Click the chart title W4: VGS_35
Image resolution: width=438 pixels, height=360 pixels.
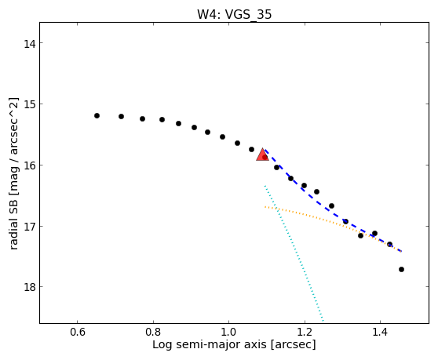tap(234, 15)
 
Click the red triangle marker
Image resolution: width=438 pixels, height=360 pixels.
tap(262, 155)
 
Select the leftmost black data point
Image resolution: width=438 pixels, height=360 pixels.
tap(97, 115)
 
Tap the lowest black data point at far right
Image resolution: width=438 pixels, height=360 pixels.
tap(401, 269)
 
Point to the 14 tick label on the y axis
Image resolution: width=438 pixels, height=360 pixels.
tap(29, 44)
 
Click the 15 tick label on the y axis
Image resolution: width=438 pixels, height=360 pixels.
tap(29, 104)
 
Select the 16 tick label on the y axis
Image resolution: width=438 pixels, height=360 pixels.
tap(29, 165)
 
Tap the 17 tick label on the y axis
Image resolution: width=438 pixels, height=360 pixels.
tap(29, 227)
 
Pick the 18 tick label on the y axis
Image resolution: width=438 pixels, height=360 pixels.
tap(29, 287)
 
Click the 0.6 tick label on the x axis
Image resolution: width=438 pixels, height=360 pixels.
tap(78, 333)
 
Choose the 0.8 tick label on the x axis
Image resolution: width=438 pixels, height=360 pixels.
tap(153, 333)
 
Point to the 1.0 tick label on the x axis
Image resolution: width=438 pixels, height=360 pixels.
tap(228, 333)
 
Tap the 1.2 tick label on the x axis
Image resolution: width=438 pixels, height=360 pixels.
tap(305, 333)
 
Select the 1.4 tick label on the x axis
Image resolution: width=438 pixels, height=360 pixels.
tap(380, 333)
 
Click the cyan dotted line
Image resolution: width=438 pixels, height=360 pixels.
tap(294, 253)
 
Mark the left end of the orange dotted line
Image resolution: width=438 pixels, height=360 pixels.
tap(265, 207)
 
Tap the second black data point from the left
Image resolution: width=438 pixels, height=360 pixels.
tap(121, 116)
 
